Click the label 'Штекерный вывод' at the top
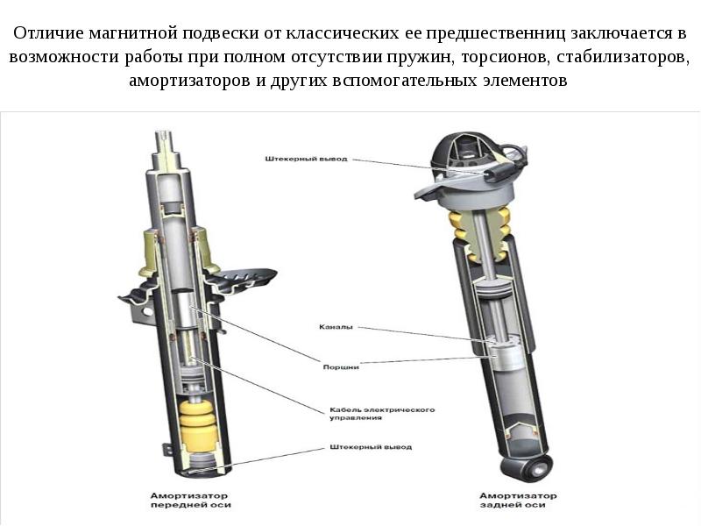click(x=306, y=159)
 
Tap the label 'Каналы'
click(x=336, y=327)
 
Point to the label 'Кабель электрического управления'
click(x=382, y=413)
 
